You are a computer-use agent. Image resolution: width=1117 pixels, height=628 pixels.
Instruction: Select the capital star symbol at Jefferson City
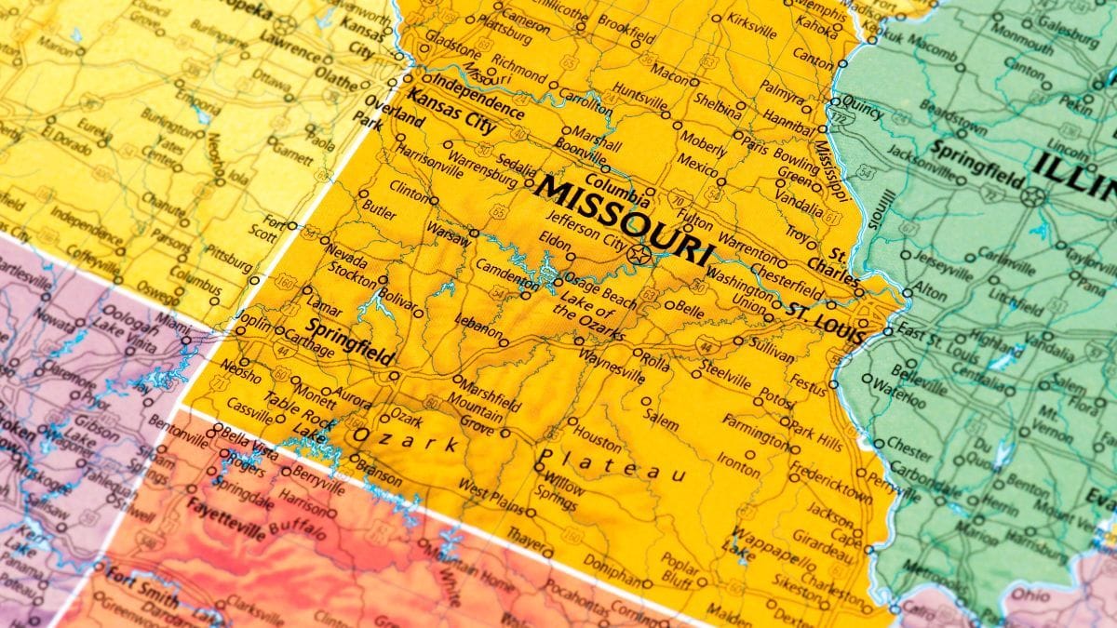coord(638,253)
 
